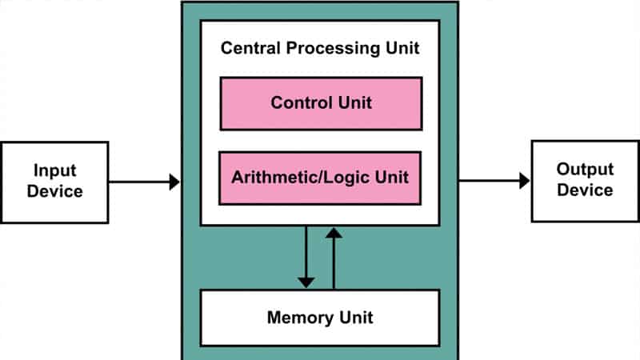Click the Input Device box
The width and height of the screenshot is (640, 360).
[54, 182]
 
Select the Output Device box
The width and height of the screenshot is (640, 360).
[585, 180]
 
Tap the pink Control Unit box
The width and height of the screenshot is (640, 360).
[321, 103]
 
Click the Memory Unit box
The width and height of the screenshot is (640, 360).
[319, 318]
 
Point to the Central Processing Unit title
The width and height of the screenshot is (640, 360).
[320, 49]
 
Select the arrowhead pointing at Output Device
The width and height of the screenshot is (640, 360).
[524, 181]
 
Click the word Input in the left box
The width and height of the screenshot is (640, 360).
[54, 171]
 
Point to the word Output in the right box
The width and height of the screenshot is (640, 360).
[585, 170]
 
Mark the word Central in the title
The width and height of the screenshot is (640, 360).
[248, 49]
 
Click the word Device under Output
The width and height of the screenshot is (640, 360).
[585, 190]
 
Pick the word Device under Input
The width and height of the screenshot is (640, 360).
[54, 192]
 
